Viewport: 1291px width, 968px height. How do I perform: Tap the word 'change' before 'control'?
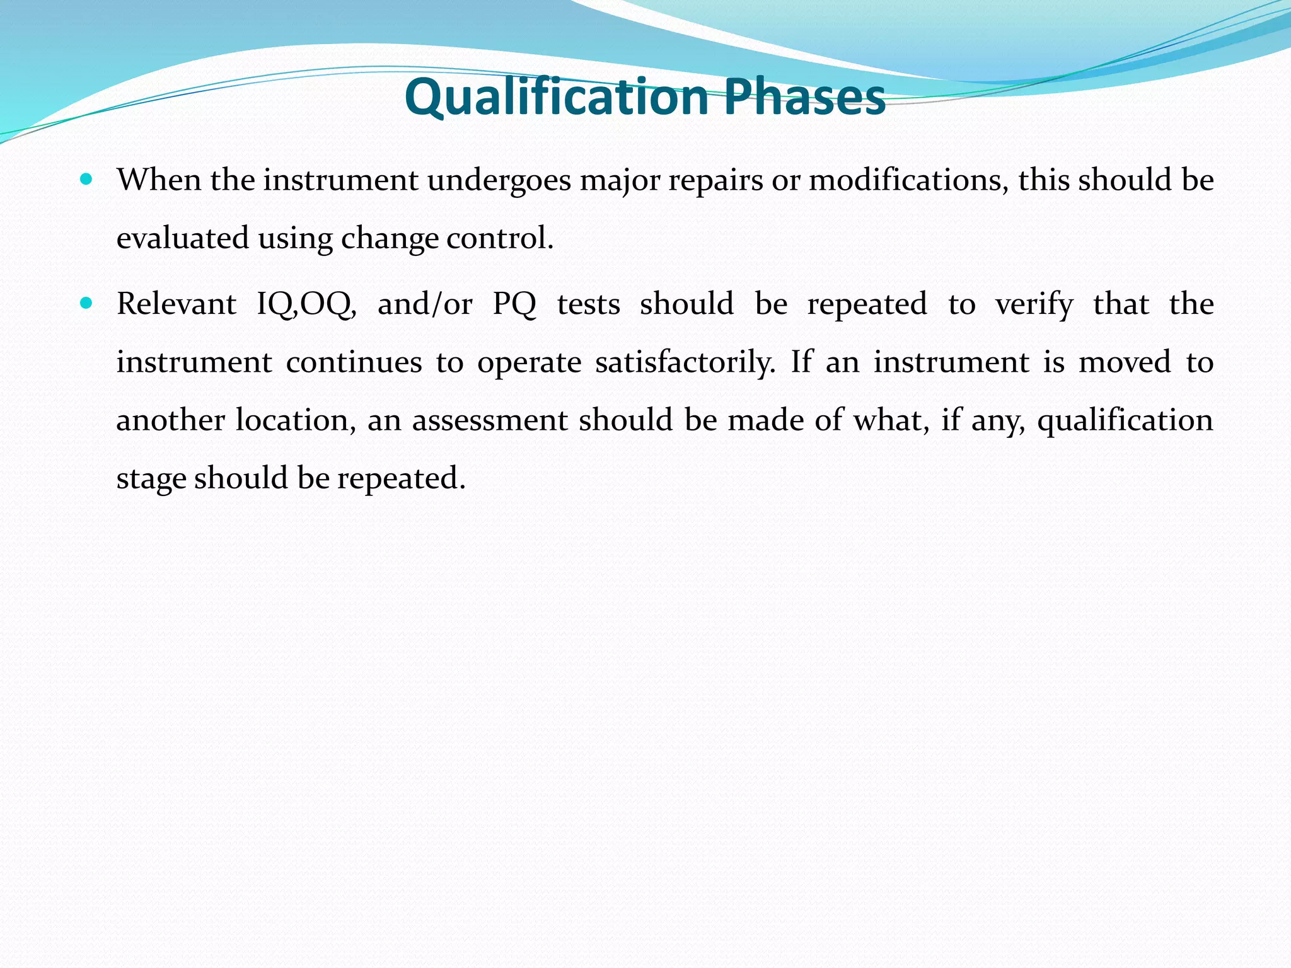389,238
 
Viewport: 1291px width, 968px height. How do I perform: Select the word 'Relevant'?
177,304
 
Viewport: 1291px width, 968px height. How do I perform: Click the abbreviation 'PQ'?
514,304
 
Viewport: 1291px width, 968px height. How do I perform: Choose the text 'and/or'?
425,304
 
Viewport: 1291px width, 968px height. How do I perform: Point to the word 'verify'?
1034,304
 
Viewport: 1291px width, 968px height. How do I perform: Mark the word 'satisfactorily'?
685,362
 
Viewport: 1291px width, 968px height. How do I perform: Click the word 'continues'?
354,362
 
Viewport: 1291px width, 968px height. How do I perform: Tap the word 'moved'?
1124,362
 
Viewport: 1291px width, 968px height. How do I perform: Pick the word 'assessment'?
490,420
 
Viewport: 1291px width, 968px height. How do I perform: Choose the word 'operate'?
529,362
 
